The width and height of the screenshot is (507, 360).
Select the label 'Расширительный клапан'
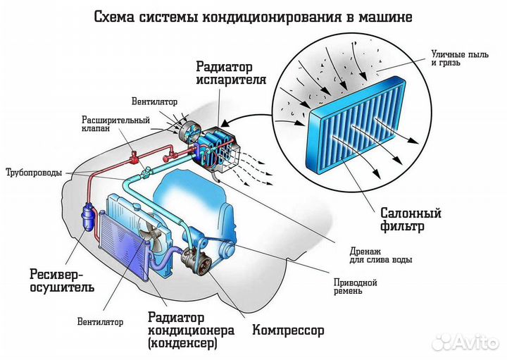[x=106, y=124]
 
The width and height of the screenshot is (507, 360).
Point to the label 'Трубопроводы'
[x=33, y=173]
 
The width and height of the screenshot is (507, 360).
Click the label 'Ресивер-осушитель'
[x=62, y=280]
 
